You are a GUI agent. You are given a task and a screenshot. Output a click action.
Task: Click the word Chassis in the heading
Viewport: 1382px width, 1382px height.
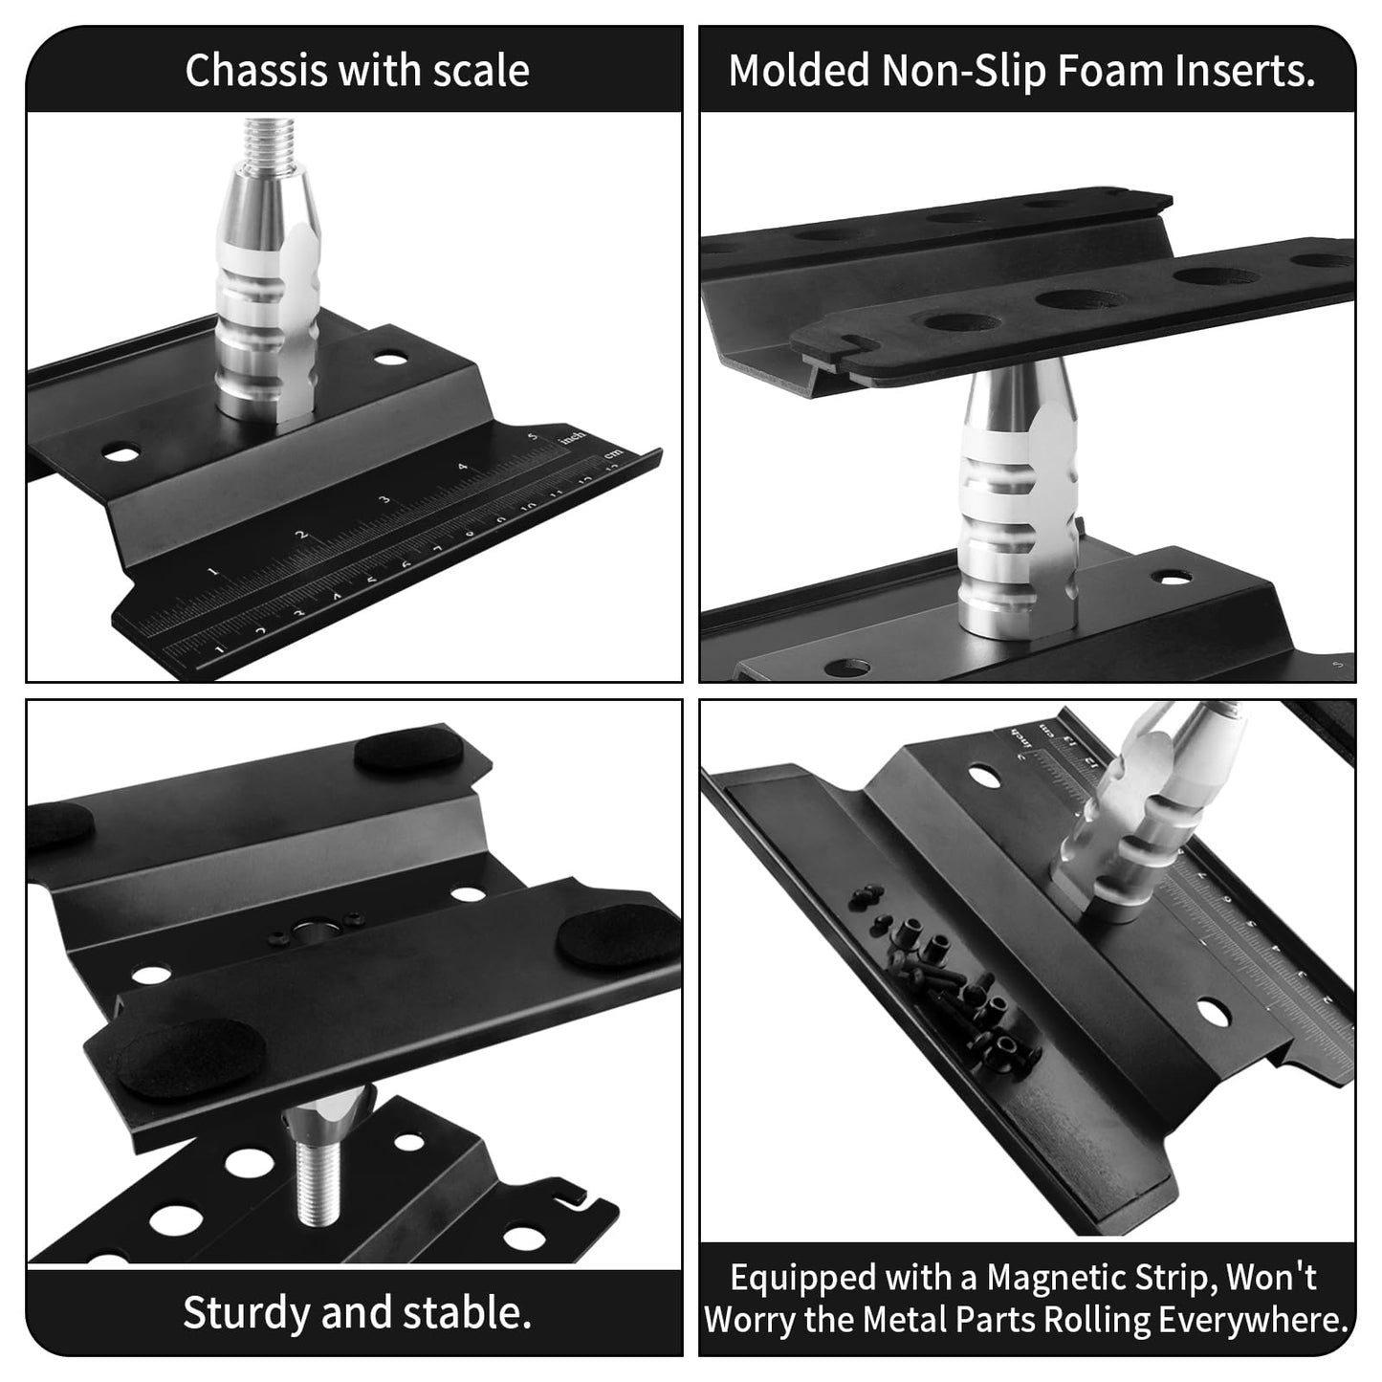(x=244, y=71)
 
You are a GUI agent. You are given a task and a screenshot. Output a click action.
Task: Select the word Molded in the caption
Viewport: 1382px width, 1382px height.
(x=800, y=71)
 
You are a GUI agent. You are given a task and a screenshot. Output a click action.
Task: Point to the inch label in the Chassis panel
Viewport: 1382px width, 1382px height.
(x=573, y=436)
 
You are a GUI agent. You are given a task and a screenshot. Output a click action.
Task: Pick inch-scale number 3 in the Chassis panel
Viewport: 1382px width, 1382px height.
(x=384, y=500)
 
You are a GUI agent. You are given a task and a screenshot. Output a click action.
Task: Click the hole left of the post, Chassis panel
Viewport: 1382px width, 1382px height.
(x=121, y=452)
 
